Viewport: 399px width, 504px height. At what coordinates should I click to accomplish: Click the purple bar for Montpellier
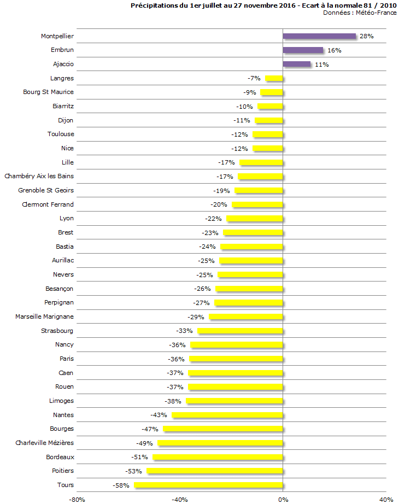[319, 36]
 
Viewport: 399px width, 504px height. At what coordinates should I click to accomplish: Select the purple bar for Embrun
[303, 50]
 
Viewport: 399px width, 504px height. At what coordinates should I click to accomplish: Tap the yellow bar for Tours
[209, 485]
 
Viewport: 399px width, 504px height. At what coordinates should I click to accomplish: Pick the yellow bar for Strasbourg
[240, 331]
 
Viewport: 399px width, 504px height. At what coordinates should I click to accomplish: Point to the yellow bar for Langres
[274, 79]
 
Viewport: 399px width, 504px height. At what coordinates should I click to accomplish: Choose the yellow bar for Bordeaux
[218, 457]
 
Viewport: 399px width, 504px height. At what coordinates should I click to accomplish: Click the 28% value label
[366, 36]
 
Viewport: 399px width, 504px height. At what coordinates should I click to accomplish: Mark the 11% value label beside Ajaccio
[321, 65]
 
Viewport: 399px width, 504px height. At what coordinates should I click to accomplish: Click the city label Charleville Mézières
[44, 443]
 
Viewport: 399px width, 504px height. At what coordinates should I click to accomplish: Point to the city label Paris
[67, 359]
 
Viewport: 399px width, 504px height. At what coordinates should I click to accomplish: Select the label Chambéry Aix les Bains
[39, 176]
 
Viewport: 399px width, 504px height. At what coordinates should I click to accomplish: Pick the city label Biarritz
[63, 106]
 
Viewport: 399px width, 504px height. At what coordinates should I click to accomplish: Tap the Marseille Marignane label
[44, 317]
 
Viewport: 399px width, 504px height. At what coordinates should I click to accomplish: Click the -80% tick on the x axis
[77, 500]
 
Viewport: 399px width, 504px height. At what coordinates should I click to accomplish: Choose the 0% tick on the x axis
[283, 500]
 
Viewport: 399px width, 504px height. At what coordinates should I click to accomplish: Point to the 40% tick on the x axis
[386, 500]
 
